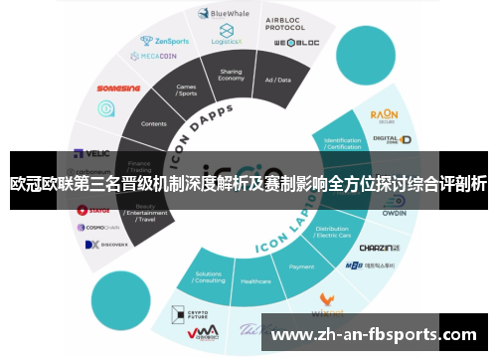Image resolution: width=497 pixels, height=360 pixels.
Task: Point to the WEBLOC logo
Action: pyautogui.click(x=296, y=45)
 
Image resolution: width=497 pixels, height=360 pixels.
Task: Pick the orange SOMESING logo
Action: pyautogui.click(x=119, y=87)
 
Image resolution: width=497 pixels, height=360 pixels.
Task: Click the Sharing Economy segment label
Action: pyautogui.click(x=231, y=76)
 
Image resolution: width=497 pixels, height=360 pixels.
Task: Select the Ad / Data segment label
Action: pyautogui.click(x=277, y=79)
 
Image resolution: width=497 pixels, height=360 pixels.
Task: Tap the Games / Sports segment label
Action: pyautogui.click(x=186, y=90)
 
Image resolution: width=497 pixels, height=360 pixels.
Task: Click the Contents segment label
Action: pyautogui.click(x=154, y=123)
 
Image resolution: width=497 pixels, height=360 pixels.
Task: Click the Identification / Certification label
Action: pyautogui.click(x=343, y=144)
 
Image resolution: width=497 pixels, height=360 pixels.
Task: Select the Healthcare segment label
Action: pyautogui.click(x=255, y=281)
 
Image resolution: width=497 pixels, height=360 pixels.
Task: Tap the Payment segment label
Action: pyautogui.click(x=301, y=267)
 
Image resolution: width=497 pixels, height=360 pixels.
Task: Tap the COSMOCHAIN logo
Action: pyautogui.click(x=99, y=227)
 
